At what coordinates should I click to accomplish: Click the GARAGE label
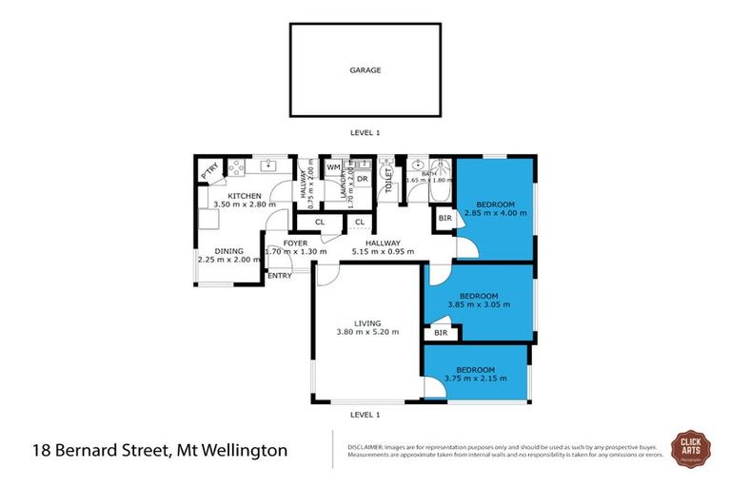click(x=365, y=69)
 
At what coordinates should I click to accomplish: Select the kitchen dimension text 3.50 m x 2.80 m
click(x=244, y=204)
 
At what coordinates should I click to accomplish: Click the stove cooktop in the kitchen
click(x=235, y=167)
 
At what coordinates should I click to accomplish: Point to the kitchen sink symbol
click(x=270, y=164)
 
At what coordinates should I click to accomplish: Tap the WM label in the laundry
click(x=334, y=167)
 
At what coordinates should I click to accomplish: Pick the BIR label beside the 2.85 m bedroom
click(x=445, y=219)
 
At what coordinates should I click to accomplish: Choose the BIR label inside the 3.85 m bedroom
click(x=440, y=333)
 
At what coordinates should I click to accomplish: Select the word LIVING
click(x=366, y=322)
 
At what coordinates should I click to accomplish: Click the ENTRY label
click(x=279, y=276)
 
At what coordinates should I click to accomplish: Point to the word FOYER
click(x=295, y=243)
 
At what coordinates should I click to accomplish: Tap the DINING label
click(x=228, y=251)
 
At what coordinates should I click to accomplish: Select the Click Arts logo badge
click(x=689, y=447)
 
